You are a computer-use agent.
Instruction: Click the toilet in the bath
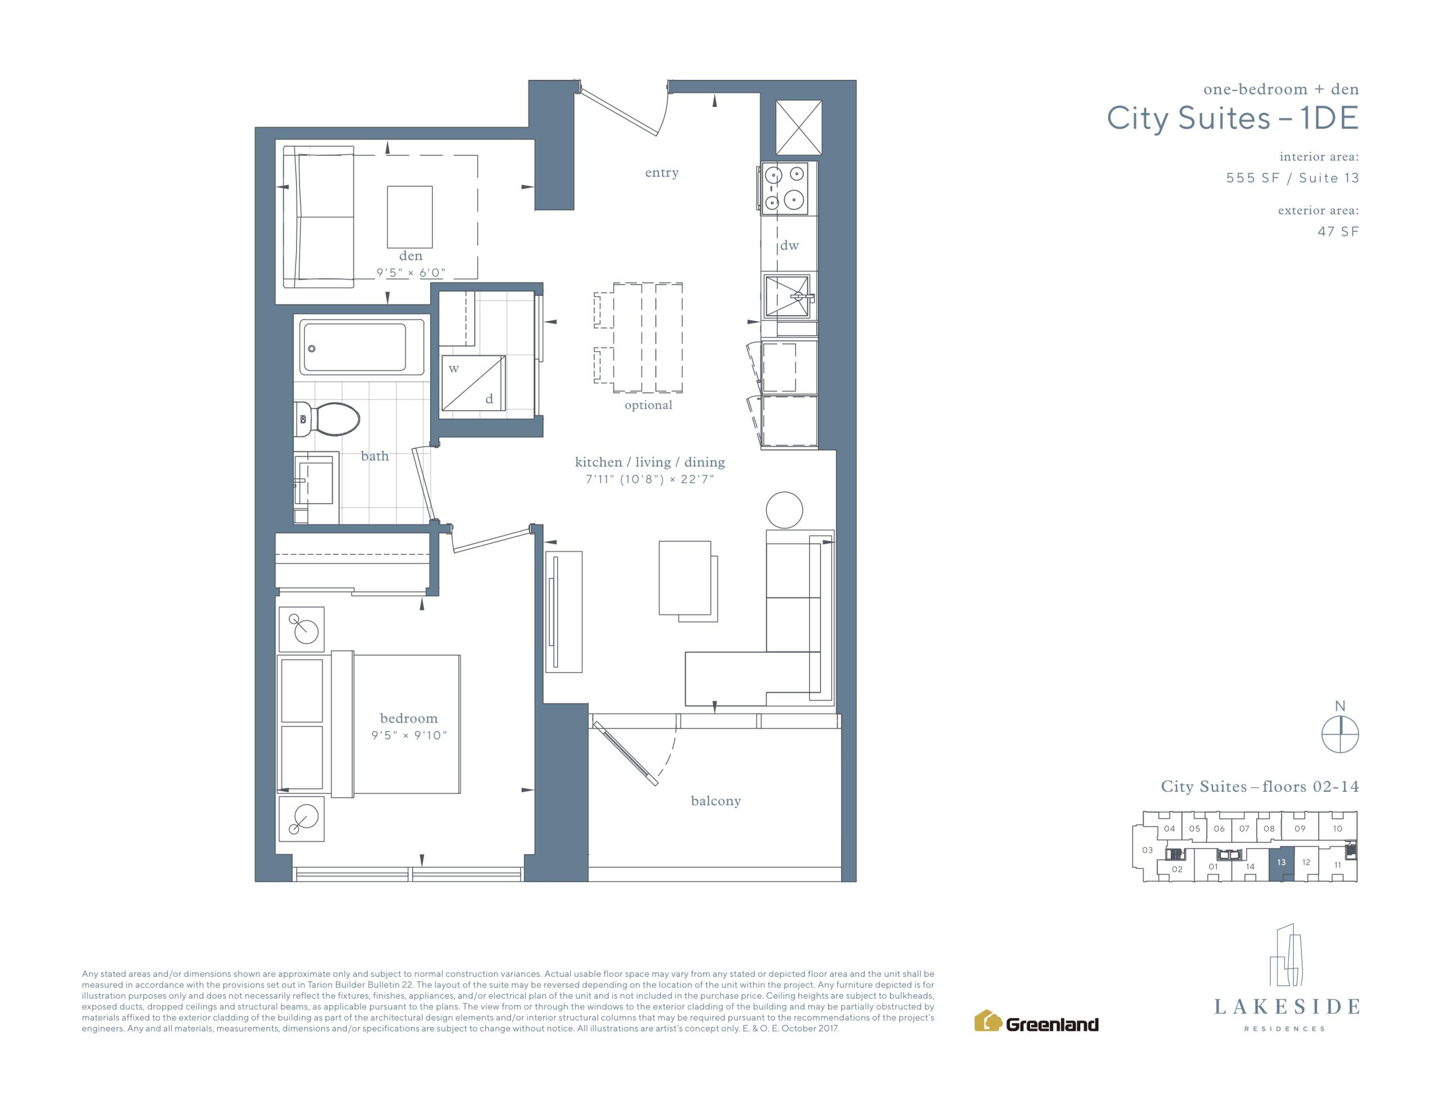pos(327,420)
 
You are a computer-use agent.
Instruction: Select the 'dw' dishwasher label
pos(789,245)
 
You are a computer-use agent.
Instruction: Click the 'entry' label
pos(662,173)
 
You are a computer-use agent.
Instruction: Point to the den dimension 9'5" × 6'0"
pos(411,272)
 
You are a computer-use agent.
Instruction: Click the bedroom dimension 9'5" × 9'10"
pos(409,735)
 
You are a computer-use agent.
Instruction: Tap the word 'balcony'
pos(716,801)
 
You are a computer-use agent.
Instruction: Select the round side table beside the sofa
pos(784,510)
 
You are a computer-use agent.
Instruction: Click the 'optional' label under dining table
pos(648,405)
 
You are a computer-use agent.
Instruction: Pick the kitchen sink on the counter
pos(787,296)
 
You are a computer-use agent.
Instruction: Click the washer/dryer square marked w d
pos(473,383)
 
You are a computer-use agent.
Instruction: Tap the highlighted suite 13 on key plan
pos(1281,863)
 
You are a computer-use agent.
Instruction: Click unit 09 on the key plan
pos(1300,829)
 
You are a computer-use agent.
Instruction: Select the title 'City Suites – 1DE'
pos(1233,119)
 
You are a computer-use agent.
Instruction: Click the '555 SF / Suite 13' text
pos(1292,178)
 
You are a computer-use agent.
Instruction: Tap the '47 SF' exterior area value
pos(1338,232)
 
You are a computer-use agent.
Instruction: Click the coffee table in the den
pos(410,217)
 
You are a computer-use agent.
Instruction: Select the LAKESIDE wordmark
pos(1287,1007)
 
